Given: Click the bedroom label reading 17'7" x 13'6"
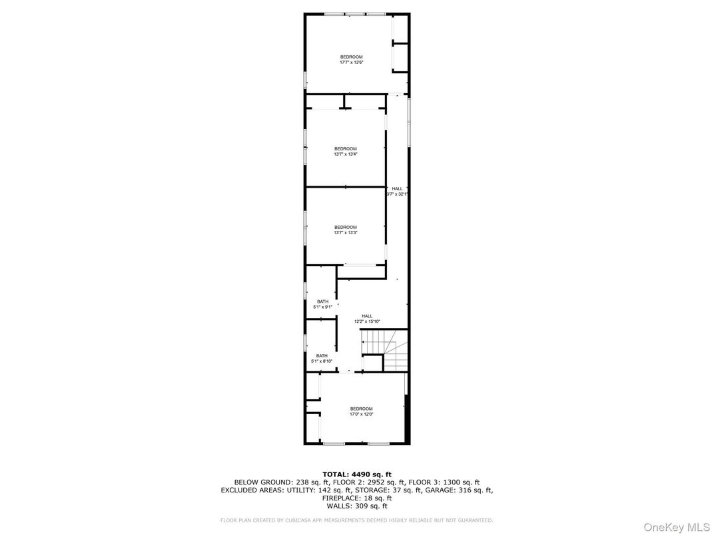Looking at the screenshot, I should click(351, 60).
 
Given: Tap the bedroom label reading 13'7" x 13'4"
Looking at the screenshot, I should click(346, 152).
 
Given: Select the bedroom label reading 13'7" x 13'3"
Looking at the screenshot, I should click(346, 230).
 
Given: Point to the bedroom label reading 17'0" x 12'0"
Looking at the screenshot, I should click(362, 411).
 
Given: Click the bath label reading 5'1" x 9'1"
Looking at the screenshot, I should click(322, 304).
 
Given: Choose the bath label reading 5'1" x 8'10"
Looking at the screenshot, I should click(322, 359).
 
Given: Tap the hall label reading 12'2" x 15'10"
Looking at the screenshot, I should click(367, 319).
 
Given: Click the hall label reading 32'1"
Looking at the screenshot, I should click(397, 192).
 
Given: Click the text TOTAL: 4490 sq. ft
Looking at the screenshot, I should click(357, 473).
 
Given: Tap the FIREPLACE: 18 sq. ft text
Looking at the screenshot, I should click(357, 498).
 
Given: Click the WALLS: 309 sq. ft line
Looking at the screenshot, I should click(357, 506).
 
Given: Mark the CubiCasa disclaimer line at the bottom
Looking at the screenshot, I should click(357, 520).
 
